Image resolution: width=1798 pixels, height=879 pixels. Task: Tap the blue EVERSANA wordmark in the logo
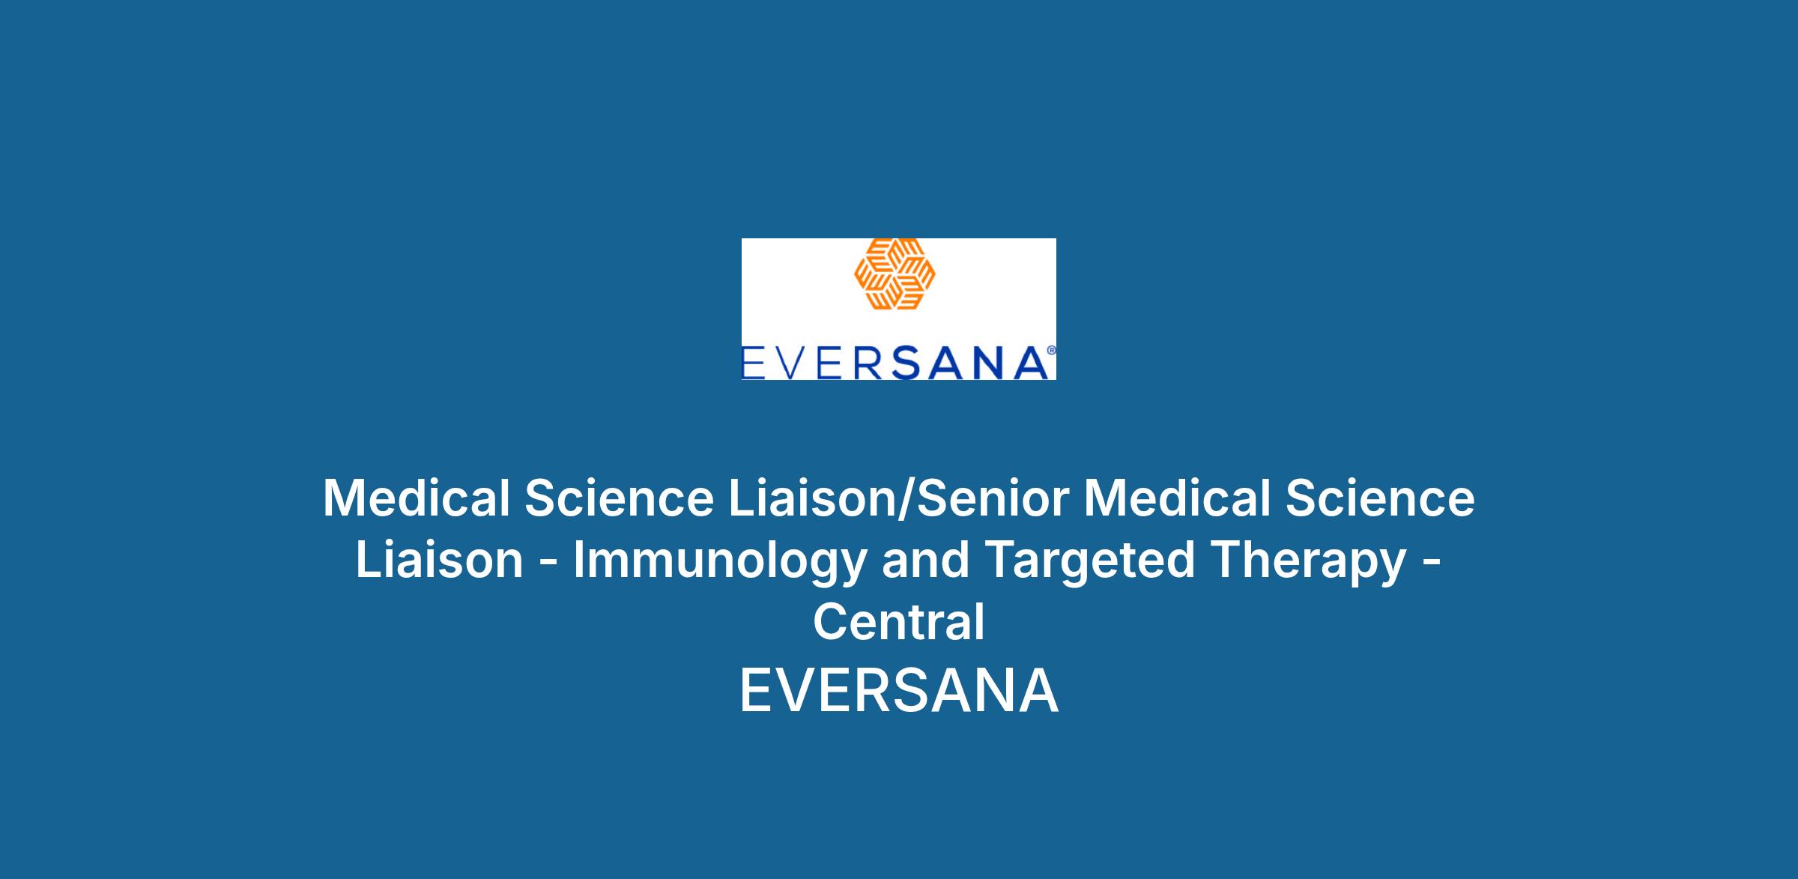coord(895,363)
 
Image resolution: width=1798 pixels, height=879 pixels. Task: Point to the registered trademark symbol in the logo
coord(1051,350)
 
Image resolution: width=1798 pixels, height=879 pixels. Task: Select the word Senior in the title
coord(993,498)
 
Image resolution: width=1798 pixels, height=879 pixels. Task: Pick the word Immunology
coord(719,562)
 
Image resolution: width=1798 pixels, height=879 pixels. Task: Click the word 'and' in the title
coord(925,561)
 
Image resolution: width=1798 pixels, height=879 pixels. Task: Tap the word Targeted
coord(1089,562)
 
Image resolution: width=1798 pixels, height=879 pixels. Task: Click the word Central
coord(899,623)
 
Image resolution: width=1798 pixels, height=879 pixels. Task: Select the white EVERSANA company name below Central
coord(899,691)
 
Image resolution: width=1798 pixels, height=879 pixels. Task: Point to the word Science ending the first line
coord(1381,498)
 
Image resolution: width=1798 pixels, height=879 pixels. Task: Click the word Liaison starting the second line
coord(439,561)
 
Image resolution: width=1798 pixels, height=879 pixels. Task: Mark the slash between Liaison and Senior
coord(906,499)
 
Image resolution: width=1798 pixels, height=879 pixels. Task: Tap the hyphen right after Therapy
coord(1431,563)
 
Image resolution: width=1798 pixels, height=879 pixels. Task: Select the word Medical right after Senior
coord(1178,498)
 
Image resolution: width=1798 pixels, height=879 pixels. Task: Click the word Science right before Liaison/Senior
coord(620,498)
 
